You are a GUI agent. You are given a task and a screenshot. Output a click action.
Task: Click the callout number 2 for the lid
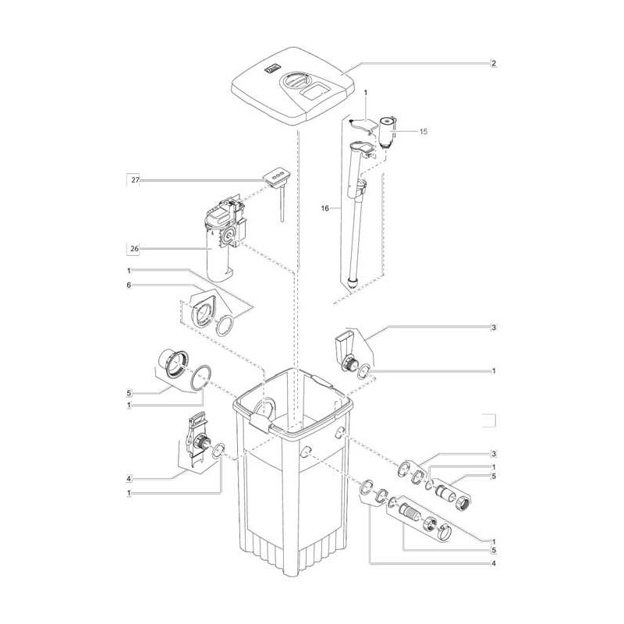493,64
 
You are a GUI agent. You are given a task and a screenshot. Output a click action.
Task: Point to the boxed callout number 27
135,180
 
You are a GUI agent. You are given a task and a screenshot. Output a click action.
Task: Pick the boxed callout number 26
135,250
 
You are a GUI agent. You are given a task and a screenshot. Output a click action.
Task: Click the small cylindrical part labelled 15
386,129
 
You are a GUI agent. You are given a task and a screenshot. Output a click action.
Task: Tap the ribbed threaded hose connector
409,514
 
